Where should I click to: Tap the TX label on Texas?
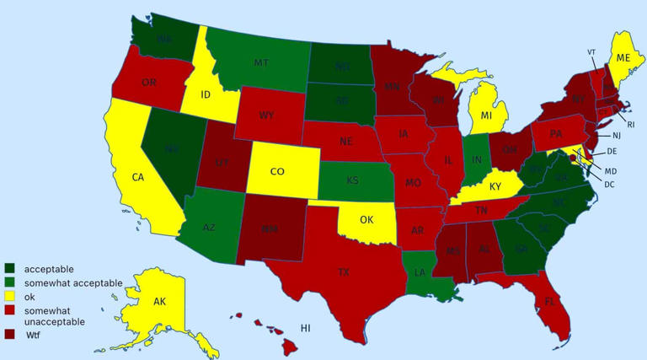point(344,272)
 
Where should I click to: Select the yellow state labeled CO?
point(277,171)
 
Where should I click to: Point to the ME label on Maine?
point(623,57)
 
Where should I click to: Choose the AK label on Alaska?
point(159,301)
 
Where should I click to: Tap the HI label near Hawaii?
point(306,327)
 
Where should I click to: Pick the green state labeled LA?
point(419,273)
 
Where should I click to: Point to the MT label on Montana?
point(261,62)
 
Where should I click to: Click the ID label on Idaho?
point(205,94)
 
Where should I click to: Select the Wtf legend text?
point(34,336)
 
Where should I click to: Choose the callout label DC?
point(609,184)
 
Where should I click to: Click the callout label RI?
point(630,124)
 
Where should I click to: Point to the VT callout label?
point(591,51)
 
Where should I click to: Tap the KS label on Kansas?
point(354,180)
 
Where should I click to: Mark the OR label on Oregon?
point(149,83)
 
